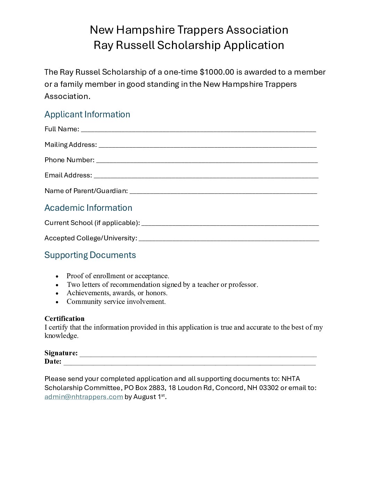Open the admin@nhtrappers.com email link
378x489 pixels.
click(84, 397)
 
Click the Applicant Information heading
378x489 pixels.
click(87, 114)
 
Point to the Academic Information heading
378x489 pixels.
click(88, 208)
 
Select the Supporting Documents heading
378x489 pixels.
click(90, 255)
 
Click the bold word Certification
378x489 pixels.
click(64, 318)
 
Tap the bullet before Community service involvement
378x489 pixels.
click(57, 302)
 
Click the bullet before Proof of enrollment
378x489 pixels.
click(57, 276)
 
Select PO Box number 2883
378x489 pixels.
click(157, 388)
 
